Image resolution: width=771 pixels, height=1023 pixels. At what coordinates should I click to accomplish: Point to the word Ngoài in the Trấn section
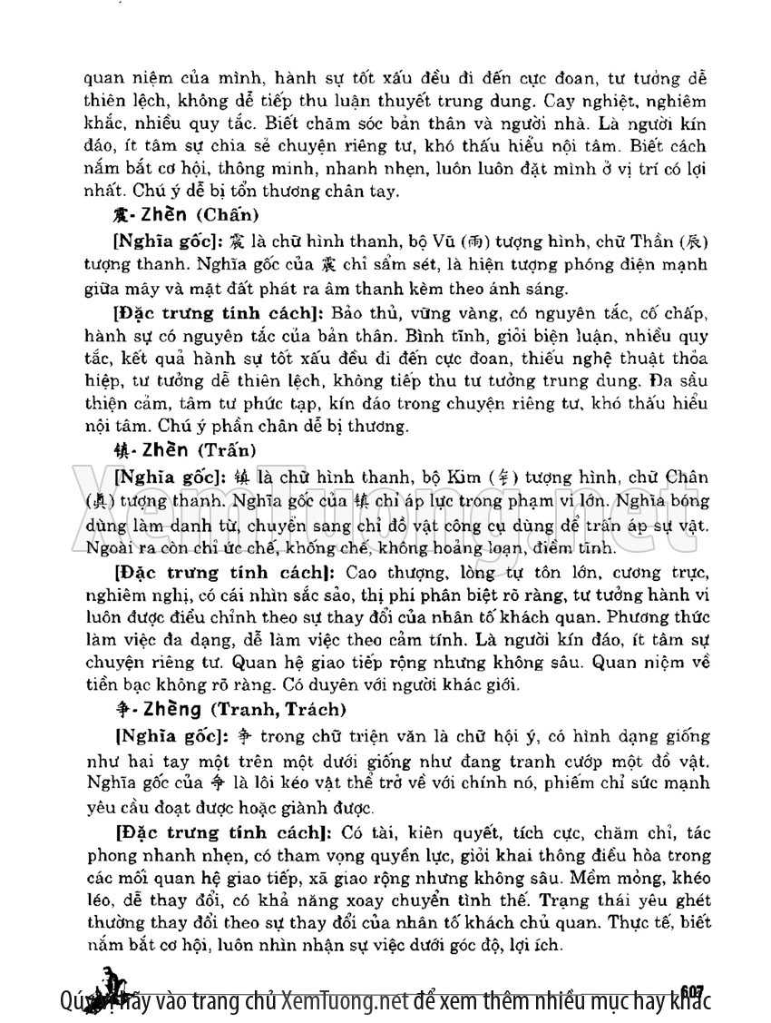coord(109,548)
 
